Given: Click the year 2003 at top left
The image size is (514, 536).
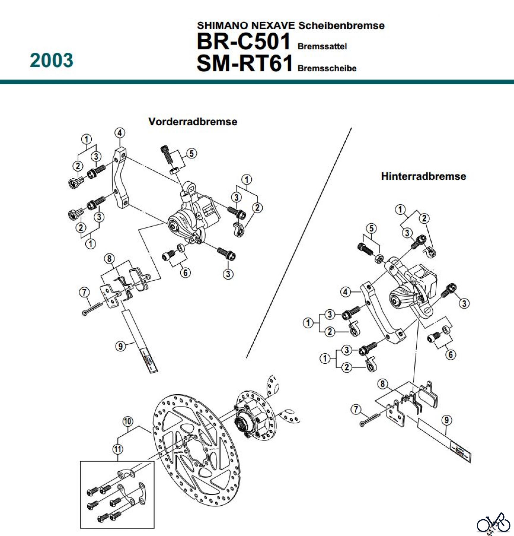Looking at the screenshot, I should coord(51,60).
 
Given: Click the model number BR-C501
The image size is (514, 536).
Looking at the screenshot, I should coord(243,41).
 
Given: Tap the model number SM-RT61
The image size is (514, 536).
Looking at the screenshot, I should coord(245,63).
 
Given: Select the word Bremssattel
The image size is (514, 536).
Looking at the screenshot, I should coord(322,46).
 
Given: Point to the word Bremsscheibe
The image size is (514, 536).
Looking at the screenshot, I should coord(327,68).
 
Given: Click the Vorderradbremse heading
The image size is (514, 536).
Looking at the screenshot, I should coord(193,121).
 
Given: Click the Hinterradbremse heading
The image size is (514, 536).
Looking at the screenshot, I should coord(423,176).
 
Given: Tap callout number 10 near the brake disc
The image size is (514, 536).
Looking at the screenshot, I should coord(128,421).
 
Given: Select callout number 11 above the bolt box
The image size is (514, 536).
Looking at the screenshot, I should coord(118,449).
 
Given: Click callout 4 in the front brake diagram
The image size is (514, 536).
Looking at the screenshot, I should coord(120,133).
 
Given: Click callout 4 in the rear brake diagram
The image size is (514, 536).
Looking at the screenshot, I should coord(345,292).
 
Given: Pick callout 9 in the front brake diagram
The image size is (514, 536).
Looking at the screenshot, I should coord(120,346).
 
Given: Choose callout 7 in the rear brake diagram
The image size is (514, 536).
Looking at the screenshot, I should coord(356,409).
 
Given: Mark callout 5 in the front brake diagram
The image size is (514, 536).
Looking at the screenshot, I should coord(192,153).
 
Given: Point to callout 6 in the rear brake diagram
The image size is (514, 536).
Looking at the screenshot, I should coord(451,354).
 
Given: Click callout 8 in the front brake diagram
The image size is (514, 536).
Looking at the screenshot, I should coord(109,258).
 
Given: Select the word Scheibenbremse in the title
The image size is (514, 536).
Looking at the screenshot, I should coord(341,26).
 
